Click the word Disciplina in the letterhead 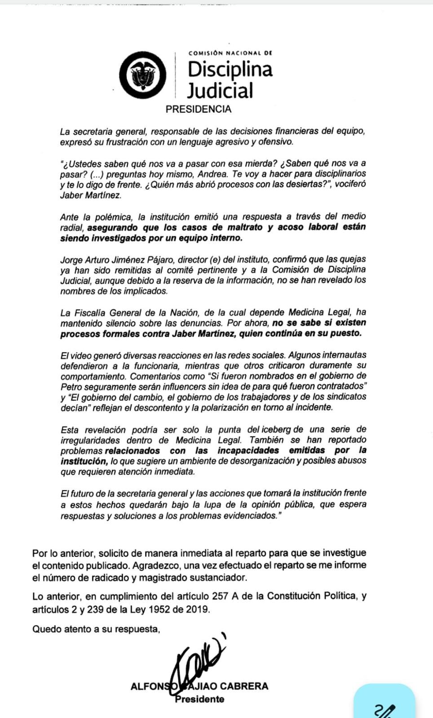(x=230, y=70)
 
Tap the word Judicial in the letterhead (x=220, y=90)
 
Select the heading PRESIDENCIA (x=199, y=109)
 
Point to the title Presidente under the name (x=199, y=699)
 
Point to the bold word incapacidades (x=248, y=451)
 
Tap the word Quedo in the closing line (x=46, y=629)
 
